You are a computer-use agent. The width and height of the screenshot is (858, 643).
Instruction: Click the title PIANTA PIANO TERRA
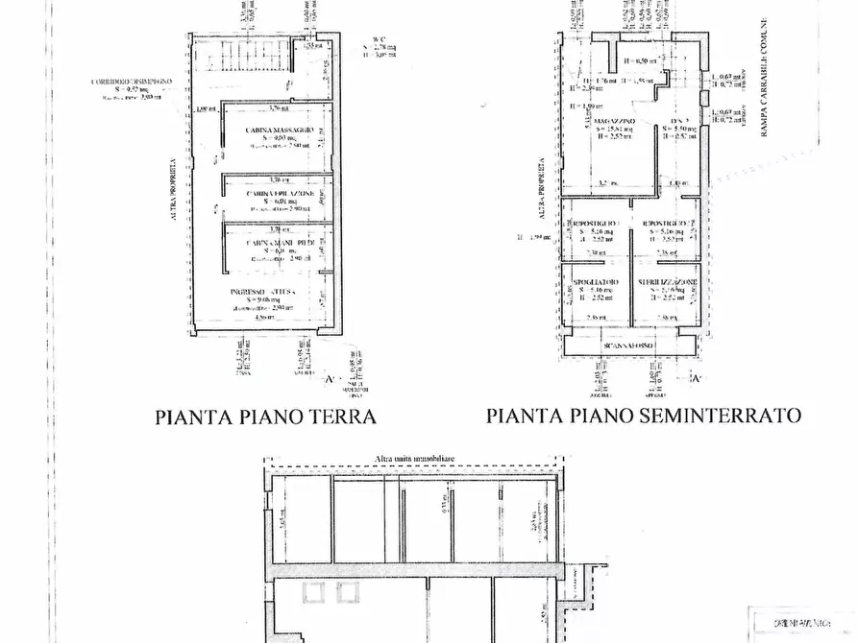265,417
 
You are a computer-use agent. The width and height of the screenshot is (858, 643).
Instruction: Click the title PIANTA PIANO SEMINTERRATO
644,416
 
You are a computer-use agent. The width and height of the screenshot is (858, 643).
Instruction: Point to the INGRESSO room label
254,291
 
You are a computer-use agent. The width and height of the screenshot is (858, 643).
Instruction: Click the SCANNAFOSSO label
629,345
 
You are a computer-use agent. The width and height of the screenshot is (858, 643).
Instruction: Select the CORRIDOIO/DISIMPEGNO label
132,83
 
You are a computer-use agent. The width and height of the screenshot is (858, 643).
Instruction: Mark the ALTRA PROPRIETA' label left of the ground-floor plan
173,192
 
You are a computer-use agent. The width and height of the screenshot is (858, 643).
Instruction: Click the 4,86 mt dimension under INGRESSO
252,316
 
